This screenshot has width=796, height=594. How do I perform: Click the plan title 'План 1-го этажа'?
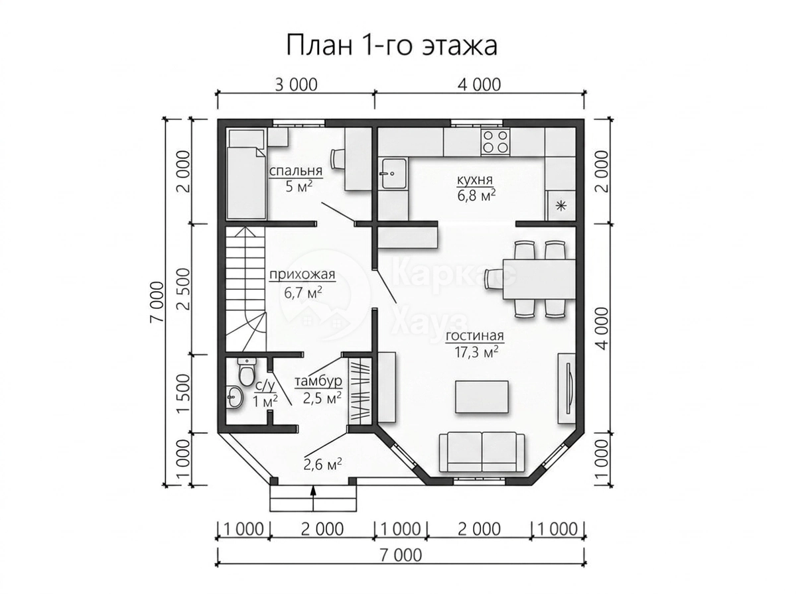click(391, 46)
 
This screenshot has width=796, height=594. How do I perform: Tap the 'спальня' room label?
click(296, 170)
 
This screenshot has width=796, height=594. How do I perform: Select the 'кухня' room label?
click(475, 180)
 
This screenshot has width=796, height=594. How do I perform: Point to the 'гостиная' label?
click(475, 336)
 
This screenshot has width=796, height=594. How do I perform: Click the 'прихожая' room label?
click(302, 275)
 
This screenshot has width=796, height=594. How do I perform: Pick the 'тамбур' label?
click(318, 381)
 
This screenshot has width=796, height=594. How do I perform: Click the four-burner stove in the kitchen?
click(496, 142)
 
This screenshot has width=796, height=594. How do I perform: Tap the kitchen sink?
click(393, 173)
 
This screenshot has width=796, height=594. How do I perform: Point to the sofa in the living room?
click(482, 452)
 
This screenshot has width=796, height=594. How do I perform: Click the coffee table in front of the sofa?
click(482, 396)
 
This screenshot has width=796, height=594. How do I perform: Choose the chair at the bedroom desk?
click(337, 159)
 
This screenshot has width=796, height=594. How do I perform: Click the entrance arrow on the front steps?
click(313, 498)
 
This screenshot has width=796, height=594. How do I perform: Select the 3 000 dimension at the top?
click(296, 85)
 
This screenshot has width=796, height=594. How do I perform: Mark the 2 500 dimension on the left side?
click(184, 289)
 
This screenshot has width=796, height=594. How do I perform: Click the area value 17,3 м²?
click(476, 352)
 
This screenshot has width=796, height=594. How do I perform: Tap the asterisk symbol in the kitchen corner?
click(561, 207)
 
